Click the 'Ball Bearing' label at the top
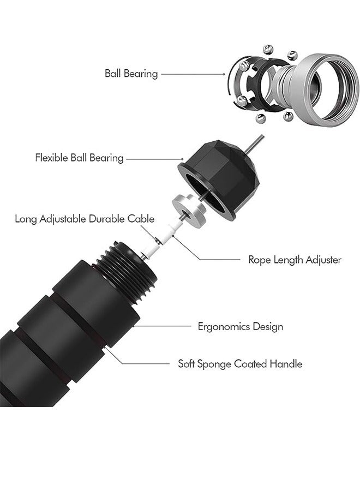coord(131,74)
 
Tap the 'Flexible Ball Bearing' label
coord(79,158)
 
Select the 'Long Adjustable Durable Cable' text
coord(85,219)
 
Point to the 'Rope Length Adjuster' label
coord(295,260)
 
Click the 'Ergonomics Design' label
coord(241,327)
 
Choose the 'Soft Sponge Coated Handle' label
coord(240,364)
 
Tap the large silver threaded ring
coord(326,91)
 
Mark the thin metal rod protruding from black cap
coord(254,144)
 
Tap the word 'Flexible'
coord(52,158)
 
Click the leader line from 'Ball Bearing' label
coord(193,74)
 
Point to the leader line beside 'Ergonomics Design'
coord(161,326)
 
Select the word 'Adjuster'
coord(323,260)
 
